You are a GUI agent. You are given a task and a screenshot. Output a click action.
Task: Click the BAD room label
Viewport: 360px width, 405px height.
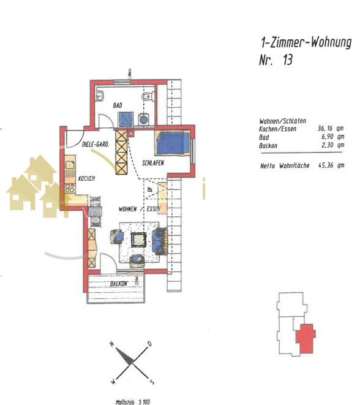pyautogui.click(x=117, y=105)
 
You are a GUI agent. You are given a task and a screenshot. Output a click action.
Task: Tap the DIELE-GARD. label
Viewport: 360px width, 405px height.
pyautogui.click(x=95, y=145)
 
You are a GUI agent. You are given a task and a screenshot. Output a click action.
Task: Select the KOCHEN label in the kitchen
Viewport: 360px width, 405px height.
pyautogui.click(x=86, y=178)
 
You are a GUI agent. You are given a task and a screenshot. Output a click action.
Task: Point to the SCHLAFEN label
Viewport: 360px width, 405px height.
pyautogui.click(x=152, y=164)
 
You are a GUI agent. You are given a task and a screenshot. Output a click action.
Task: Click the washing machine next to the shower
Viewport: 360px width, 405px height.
pyautogui.click(x=143, y=120)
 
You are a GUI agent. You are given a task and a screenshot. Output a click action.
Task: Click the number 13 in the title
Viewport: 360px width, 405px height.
pyautogui.click(x=285, y=60)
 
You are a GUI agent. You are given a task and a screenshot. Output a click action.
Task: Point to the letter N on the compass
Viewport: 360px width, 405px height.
pyautogui.click(x=111, y=344)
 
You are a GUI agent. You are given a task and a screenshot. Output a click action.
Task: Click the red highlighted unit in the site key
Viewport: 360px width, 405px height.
pyautogui.click(x=304, y=338)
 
